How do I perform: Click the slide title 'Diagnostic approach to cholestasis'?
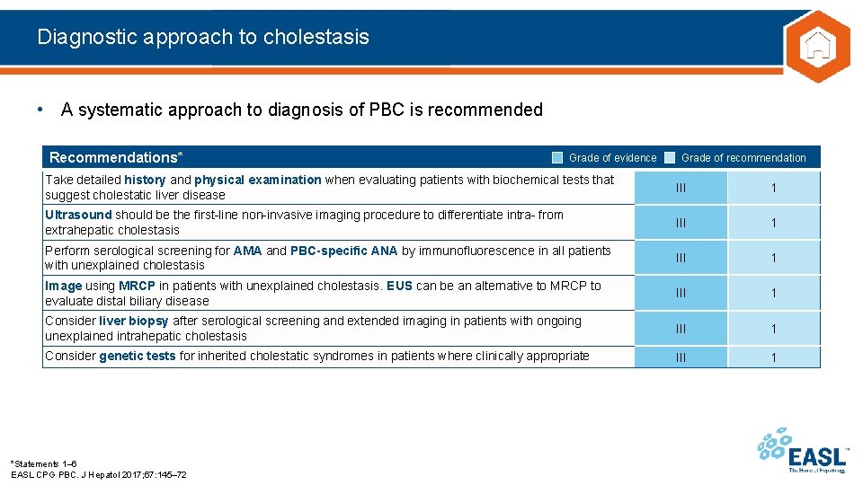[x=203, y=37]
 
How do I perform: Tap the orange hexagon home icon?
[x=816, y=46]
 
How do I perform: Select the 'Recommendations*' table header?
[x=116, y=158]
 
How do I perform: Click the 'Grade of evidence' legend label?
[x=612, y=158]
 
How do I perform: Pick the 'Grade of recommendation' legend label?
[x=743, y=158]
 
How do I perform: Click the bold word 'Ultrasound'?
[x=78, y=215]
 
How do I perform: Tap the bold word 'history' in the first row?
[x=145, y=180]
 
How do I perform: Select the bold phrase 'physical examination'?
[x=258, y=180]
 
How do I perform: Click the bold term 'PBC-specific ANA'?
[x=343, y=251]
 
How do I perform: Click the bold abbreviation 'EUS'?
[x=399, y=286]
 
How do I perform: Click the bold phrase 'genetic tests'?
[x=138, y=356]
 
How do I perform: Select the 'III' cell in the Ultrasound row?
[x=681, y=223]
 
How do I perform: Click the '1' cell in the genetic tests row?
[x=773, y=357]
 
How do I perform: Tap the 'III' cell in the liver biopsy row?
[x=681, y=329]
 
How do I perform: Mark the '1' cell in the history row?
[x=773, y=188]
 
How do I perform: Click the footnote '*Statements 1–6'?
[x=43, y=463]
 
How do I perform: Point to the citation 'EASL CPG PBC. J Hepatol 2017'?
[x=99, y=474]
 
